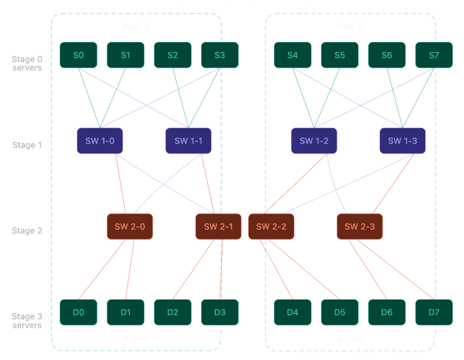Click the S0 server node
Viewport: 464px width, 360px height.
tap(78, 55)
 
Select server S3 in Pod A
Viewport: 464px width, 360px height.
tap(219, 55)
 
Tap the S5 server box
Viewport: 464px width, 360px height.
tap(339, 55)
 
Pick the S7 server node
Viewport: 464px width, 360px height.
tap(434, 55)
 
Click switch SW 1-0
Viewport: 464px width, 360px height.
tap(100, 141)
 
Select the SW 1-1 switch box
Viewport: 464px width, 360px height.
tap(188, 141)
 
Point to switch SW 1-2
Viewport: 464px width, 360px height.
tap(314, 141)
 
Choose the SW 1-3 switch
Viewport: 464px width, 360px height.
tap(402, 141)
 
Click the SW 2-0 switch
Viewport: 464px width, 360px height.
tap(129, 226)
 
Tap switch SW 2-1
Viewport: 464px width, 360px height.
tap(218, 226)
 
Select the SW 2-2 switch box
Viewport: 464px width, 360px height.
tap(271, 226)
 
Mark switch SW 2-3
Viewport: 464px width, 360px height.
tap(360, 226)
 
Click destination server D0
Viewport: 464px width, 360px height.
tap(78, 312)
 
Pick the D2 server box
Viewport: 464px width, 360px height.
tap(172, 312)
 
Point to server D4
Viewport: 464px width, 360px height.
tap(292, 312)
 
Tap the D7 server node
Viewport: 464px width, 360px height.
tap(434, 312)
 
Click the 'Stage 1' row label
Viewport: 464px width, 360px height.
tap(27, 145)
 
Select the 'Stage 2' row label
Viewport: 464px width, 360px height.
tap(27, 230)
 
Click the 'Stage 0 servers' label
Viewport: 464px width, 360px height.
tap(27, 63)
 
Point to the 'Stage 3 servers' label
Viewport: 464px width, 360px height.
tap(27, 321)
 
